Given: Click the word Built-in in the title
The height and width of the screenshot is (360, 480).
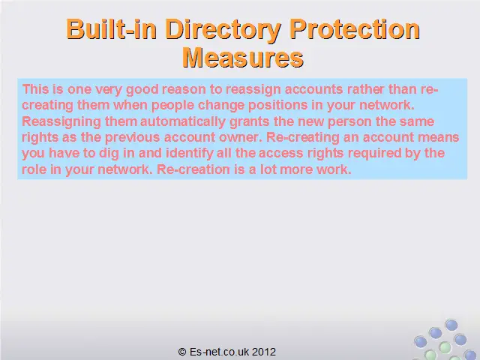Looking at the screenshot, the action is coord(112,29).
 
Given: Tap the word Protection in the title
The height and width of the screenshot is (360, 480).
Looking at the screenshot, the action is coord(355,29).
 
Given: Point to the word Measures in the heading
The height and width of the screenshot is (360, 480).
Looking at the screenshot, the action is coord(243,57).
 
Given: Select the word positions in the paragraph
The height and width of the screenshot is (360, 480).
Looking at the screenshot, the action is coord(278,106).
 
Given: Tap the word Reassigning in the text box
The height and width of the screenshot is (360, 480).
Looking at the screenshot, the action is coord(61,121).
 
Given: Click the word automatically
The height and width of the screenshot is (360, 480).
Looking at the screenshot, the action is coord(183,121).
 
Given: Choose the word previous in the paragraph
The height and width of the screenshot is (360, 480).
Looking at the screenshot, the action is coord(133,138).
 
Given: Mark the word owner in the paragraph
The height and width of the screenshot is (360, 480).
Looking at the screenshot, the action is coord(241,137).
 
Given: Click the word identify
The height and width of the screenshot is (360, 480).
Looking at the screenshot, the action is coord(190,154).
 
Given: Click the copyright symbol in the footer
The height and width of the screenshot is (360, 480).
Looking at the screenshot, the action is coord(182,352).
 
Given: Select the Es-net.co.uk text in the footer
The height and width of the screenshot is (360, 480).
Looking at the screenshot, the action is coord(220,352).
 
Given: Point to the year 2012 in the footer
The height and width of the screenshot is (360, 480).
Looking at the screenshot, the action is coord(265,352).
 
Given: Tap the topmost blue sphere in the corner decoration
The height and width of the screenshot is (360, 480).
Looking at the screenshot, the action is coord(451,325).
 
